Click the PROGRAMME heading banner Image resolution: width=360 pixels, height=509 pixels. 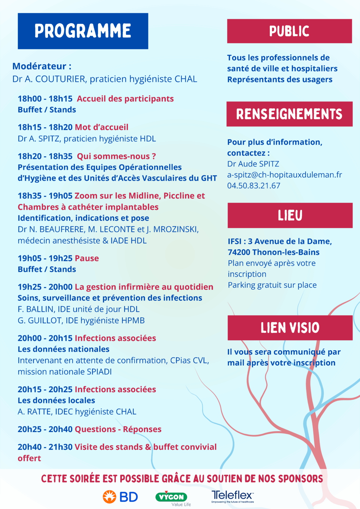click(x=83, y=31)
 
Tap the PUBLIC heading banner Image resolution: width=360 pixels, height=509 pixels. click(x=289, y=31)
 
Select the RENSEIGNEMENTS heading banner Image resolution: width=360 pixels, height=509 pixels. click(x=289, y=114)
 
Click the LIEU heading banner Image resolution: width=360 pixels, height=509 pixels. click(x=290, y=215)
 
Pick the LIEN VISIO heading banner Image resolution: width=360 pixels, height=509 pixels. click(x=290, y=328)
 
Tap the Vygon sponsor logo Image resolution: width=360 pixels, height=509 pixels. click(x=172, y=497)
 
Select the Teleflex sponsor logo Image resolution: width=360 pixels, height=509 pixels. click(x=232, y=496)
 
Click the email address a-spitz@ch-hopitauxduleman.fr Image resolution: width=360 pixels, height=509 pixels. click(x=284, y=175)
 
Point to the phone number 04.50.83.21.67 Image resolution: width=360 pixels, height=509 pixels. click(x=254, y=186)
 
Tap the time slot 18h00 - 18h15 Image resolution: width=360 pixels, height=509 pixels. click(x=45, y=99)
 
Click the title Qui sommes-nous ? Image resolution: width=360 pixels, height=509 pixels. click(x=116, y=156)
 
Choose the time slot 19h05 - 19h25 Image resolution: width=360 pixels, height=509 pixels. click(x=45, y=258)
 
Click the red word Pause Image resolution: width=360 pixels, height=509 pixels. click(x=87, y=258)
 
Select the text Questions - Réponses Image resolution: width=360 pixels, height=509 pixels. click(x=118, y=429)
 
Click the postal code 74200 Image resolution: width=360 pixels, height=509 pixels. click(x=239, y=252)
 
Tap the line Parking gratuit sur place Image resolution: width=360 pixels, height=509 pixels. click(x=272, y=285)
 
